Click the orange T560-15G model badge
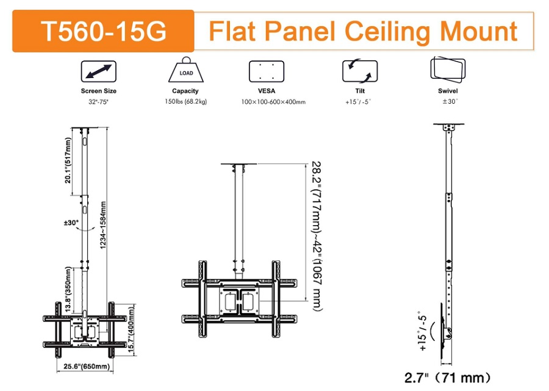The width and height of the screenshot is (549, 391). [103, 31]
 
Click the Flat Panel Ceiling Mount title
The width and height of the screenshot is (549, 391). [363, 30]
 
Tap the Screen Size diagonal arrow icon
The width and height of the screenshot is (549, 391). [99, 72]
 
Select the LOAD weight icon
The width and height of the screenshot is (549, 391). [185, 72]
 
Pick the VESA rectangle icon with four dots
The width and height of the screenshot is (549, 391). [267, 71]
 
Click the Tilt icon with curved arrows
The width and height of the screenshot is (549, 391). [359, 72]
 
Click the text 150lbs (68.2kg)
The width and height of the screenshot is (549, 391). [185, 101]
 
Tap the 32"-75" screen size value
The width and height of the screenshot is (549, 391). [99, 101]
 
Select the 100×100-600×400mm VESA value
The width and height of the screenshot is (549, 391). [273, 102]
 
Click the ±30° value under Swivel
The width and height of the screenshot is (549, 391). [450, 101]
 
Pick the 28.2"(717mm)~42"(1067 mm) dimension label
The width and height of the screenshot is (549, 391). [317, 235]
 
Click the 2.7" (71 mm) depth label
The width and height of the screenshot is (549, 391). [447, 377]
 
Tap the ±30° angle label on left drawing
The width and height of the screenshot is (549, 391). [71, 223]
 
